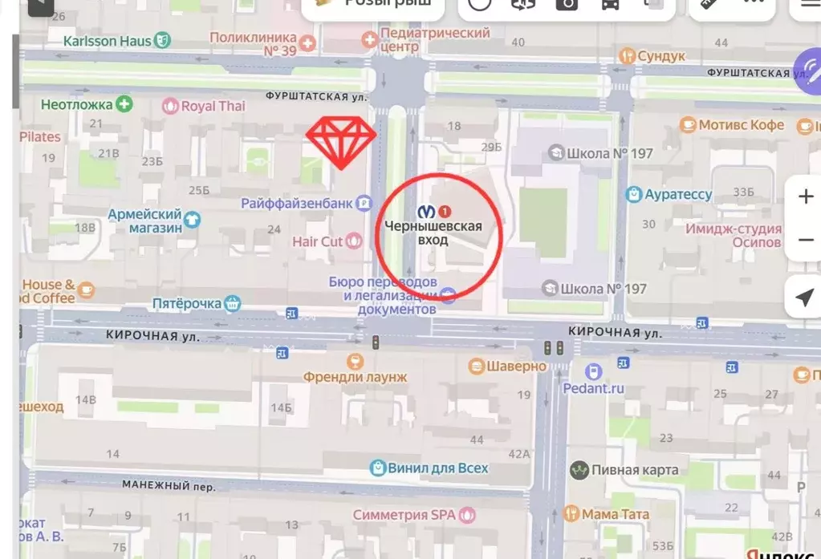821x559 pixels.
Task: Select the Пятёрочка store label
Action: (x=187, y=304)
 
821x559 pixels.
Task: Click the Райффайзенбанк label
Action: (x=297, y=204)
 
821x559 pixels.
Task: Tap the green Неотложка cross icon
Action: (x=124, y=103)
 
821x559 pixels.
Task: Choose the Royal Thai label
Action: (x=213, y=106)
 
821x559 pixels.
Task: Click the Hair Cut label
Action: (x=318, y=241)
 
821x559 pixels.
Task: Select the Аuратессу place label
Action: (x=678, y=195)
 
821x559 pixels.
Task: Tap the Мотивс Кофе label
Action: (x=741, y=125)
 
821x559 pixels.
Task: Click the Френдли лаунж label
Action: (x=356, y=376)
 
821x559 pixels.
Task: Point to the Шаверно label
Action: (x=518, y=367)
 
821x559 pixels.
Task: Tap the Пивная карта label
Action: (x=635, y=470)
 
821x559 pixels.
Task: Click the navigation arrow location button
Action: (x=804, y=298)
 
